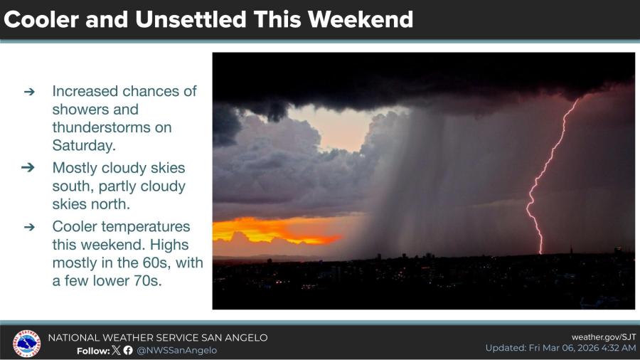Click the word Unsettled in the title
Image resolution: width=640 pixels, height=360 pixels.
tap(191, 19)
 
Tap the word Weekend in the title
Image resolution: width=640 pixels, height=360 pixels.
tap(361, 19)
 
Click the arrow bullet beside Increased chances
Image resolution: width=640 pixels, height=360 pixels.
tap(29, 92)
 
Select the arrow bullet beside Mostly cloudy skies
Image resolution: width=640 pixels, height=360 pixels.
tap(28, 167)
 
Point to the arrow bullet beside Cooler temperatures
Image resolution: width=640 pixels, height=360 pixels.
tap(29, 227)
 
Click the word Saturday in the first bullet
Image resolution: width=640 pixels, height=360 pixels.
tap(84, 145)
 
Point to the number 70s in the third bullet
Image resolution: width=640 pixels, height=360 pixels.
tap(147, 281)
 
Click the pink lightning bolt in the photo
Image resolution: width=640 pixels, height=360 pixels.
tap(550, 176)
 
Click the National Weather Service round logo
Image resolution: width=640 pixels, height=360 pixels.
tap(26, 344)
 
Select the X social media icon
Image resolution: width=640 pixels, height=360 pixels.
tap(117, 350)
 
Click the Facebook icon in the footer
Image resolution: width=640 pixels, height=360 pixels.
tap(128, 350)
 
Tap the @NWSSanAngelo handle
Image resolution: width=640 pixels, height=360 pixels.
tap(177, 351)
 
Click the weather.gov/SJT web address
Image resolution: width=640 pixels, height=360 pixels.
tap(604, 337)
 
